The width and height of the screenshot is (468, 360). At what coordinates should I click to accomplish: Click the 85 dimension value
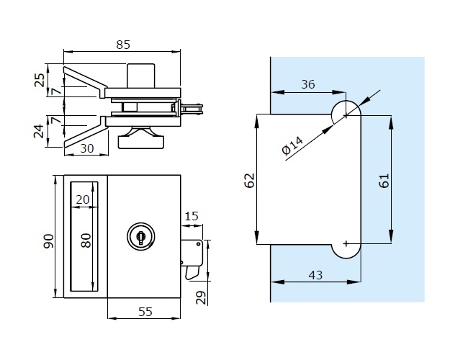122,45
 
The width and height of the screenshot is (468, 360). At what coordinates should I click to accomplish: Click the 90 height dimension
49,240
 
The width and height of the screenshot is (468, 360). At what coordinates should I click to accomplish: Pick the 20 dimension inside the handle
83,199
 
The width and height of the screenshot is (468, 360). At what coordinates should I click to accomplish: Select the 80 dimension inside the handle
86,240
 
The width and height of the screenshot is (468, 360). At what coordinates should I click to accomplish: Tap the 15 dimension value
191,216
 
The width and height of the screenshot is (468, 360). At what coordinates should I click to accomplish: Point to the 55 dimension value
144,311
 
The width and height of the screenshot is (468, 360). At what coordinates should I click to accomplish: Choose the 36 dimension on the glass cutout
308,84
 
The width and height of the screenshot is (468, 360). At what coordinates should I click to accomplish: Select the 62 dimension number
249,180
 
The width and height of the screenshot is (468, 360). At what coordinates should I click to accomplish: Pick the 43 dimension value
315,274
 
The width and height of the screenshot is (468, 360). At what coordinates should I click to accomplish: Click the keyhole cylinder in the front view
140,235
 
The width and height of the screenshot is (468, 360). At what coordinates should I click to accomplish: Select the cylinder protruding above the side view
140,74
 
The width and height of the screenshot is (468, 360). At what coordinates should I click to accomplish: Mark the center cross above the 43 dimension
347,244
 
